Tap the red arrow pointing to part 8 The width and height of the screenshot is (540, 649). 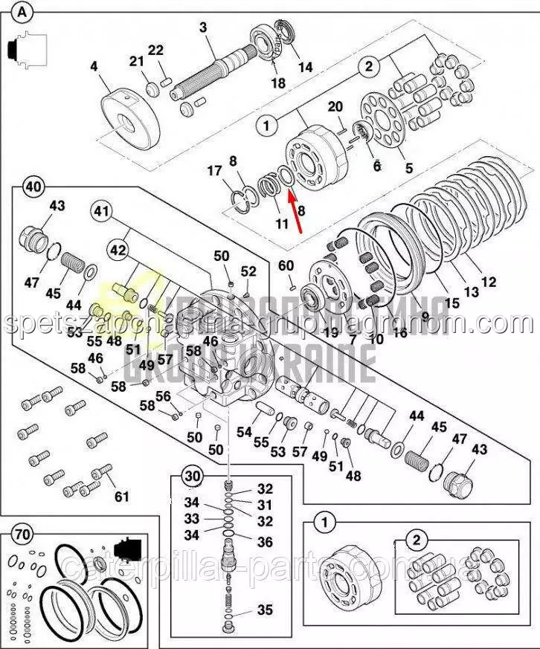[295, 211]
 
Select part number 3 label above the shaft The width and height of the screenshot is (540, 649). [202, 28]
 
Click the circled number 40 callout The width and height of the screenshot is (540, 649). [31, 186]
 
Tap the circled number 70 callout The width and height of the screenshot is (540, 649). [23, 533]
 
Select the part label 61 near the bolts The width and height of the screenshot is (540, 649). [120, 496]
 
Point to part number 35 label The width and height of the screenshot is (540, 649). [265, 610]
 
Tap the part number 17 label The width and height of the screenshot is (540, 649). [214, 171]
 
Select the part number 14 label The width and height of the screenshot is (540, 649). [306, 67]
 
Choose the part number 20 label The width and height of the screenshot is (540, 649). [335, 106]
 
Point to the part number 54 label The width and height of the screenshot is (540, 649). [244, 432]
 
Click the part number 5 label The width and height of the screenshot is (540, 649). [408, 168]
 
